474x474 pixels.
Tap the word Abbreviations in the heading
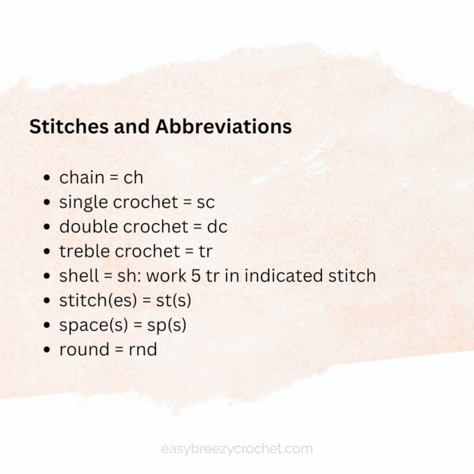tap(223, 126)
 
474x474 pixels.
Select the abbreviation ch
tap(134, 177)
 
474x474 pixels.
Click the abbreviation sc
tap(205, 202)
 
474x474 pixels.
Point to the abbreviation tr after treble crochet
tap(205, 251)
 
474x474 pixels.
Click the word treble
tap(84, 251)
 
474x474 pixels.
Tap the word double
tap(87, 226)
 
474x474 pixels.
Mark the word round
tap(81, 349)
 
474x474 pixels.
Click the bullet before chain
tap(47, 178)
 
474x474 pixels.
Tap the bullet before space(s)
tap(47, 325)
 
